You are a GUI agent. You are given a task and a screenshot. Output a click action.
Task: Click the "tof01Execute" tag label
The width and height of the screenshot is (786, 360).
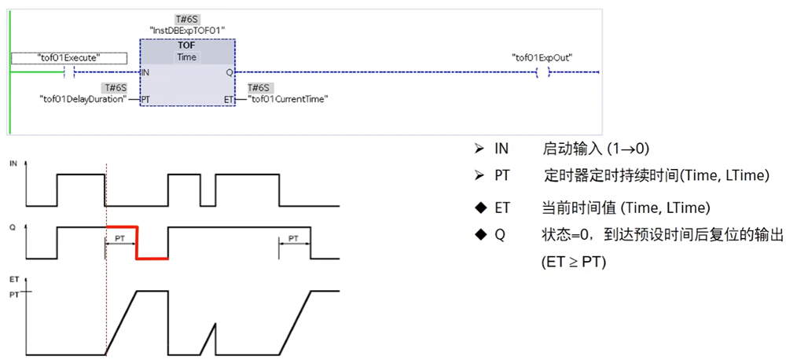click(69, 57)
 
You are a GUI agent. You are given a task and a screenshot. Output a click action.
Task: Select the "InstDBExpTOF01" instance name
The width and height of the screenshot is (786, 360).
click(188, 30)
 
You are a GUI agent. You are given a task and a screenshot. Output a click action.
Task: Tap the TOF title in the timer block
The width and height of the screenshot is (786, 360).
click(187, 46)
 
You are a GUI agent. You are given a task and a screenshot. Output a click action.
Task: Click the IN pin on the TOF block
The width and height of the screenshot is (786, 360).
click(145, 72)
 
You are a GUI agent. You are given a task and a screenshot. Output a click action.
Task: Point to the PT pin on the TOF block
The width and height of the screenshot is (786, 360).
click(145, 100)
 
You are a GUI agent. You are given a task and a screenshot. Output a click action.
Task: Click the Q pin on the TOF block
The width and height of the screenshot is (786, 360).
click(229, 72)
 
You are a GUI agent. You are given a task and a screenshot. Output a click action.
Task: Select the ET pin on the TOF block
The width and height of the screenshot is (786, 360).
click(228, 100)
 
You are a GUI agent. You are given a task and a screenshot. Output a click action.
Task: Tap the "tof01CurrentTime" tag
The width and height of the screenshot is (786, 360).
click(288, 99)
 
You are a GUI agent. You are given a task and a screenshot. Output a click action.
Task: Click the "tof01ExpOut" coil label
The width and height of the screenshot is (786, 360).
click(542, 57)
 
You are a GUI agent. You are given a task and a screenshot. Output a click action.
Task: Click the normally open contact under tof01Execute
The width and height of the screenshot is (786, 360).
click(69, 72)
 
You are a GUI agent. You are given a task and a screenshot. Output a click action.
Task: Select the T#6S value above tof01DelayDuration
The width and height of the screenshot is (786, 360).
click(115, 88)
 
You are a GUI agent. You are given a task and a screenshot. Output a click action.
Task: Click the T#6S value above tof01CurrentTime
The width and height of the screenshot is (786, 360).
click(259, 88)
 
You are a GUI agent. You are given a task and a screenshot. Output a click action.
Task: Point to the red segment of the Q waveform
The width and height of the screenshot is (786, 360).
click(137, 242)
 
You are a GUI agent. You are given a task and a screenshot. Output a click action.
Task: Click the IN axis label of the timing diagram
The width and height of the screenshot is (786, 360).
click(13, 163)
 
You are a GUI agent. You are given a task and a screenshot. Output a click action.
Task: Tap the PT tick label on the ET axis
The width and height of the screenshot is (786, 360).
click(13, 293)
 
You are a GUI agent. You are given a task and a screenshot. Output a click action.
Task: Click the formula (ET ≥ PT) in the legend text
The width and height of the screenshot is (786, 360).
click(574, 261)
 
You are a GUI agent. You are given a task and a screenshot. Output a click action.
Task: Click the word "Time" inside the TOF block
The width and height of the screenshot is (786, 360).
click(187, 57)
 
